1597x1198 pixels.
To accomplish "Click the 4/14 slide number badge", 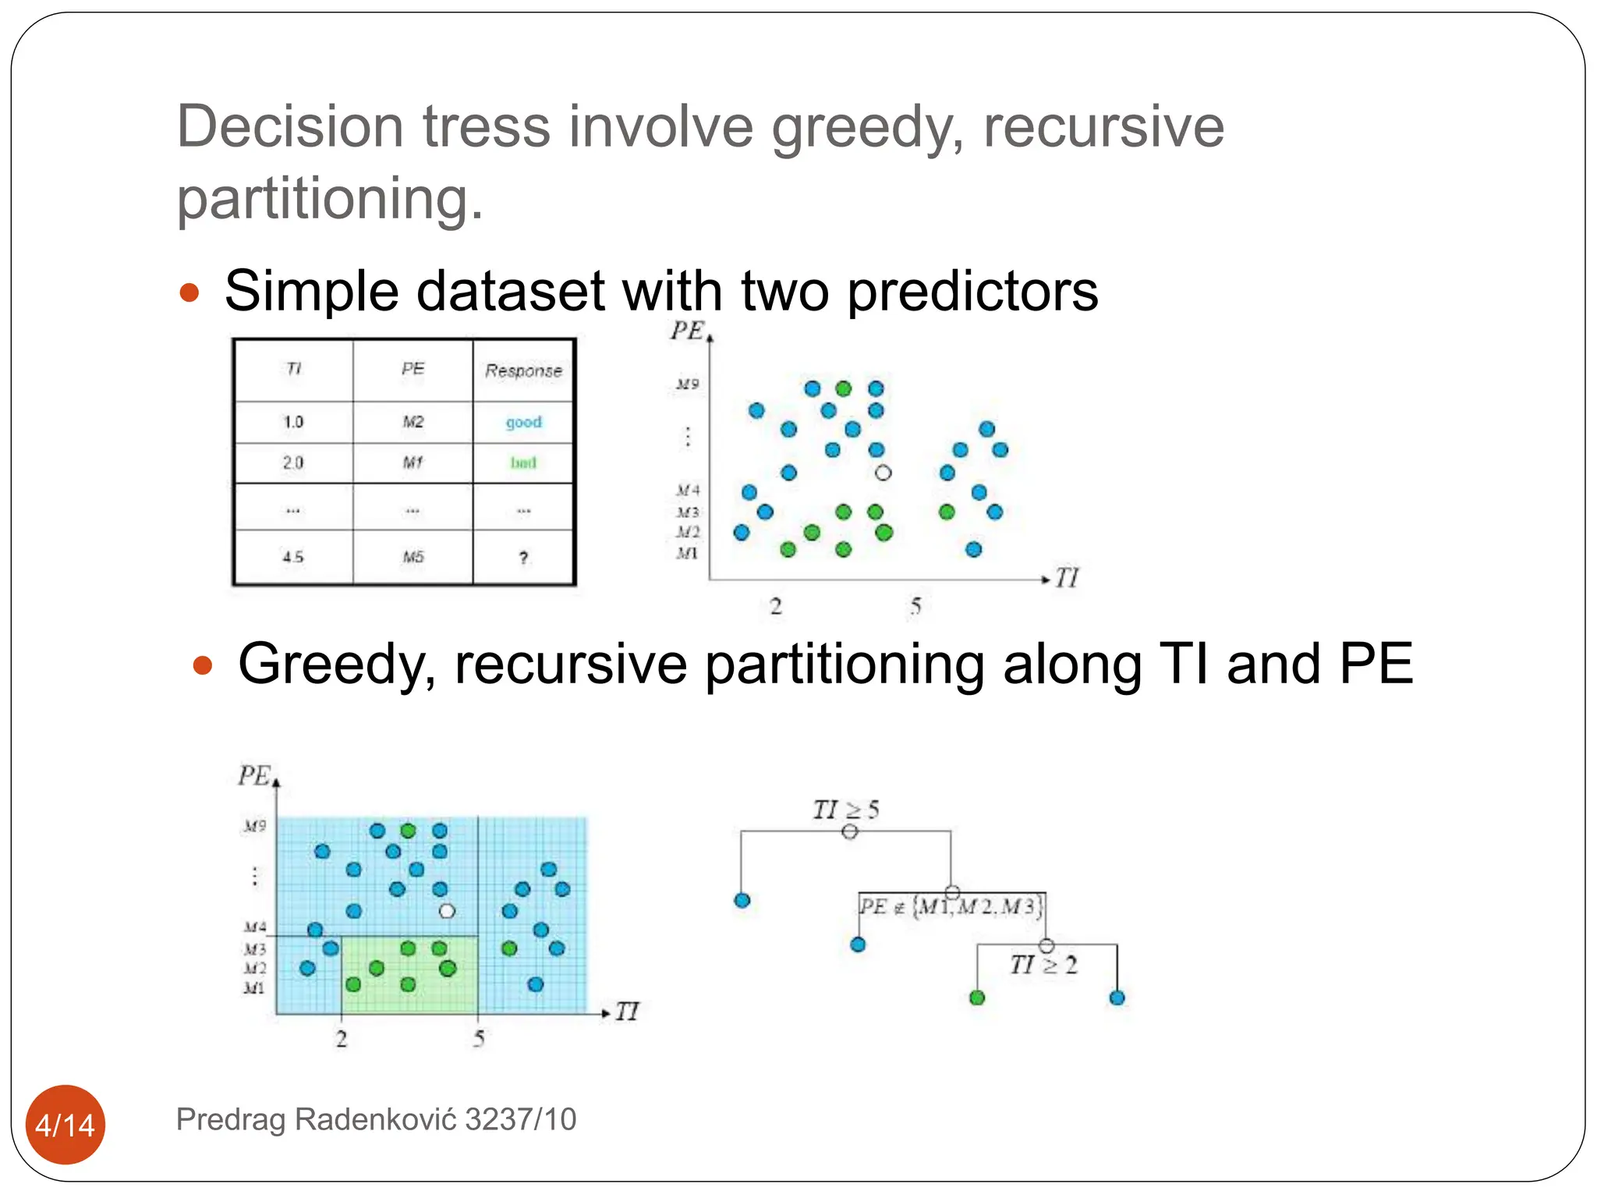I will (66, 1124).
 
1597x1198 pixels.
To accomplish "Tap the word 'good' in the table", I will (523, 422).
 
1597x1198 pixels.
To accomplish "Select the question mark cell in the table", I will (523, 557).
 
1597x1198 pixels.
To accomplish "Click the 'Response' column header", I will (523, 370).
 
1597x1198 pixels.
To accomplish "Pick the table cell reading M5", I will (413, 557).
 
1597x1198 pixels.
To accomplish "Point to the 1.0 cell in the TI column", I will (293, 422).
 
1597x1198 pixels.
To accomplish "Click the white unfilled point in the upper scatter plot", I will (883, 473).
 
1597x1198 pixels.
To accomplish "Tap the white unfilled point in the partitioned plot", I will (447, 910).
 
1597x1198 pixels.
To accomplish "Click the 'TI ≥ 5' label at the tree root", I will (845, 810).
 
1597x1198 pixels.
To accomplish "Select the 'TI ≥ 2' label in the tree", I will (1043, 965).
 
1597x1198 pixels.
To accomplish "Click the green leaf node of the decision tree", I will (977, 998).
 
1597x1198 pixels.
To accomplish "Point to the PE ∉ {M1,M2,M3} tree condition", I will (951, 906).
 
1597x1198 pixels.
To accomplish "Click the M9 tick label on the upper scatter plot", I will (687, 384).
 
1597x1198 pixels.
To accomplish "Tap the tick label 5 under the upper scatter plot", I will (915, 606).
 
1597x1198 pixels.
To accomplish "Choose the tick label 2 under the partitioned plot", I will (342, 1038).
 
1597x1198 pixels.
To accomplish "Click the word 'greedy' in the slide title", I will (867, 128).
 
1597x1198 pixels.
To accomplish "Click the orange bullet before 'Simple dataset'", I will (189, 293).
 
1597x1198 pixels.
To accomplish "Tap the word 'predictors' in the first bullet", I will (972, 291).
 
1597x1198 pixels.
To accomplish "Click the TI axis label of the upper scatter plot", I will (1067, 578).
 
